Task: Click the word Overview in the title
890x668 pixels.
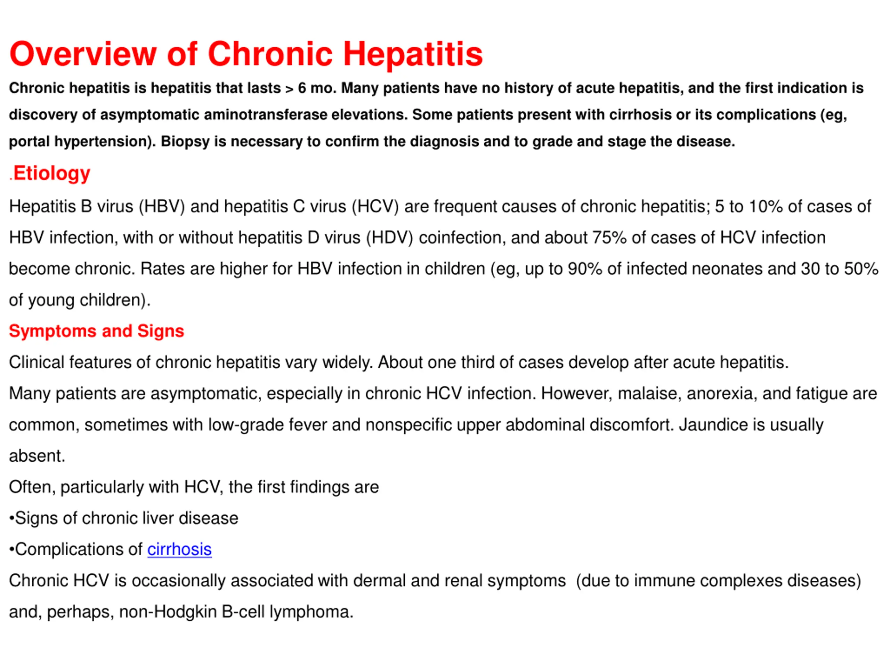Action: pos(83,54)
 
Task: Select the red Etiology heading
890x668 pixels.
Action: pos(51,173)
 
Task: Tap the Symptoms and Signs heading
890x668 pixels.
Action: pos(97,331)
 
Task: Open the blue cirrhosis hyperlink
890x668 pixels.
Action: pos(179,549)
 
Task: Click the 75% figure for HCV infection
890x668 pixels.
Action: pos(609,238)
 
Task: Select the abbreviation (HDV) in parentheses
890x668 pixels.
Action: pos(389,238)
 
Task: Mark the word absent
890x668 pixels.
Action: pos(37,456)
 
